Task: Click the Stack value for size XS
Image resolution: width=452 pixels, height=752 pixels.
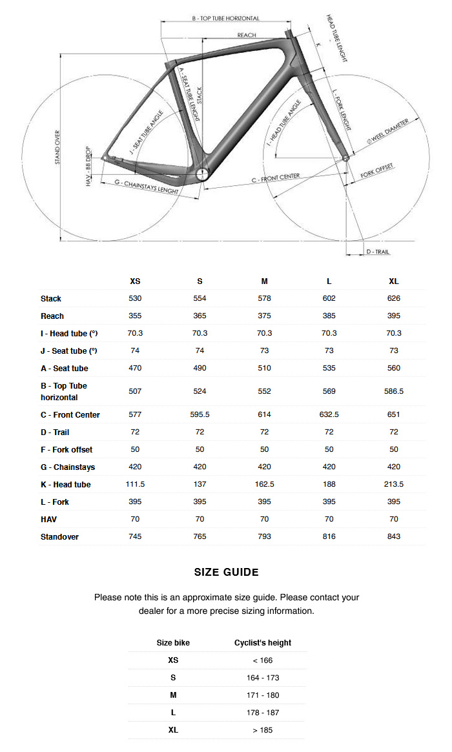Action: click(x=135, y=299)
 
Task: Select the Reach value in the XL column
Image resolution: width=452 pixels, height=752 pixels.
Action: click(x=394, y=316)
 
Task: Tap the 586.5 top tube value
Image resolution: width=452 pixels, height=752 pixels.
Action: click(x=394, y=392)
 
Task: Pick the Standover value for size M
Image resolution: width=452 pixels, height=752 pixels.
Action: click(x=264, y=537)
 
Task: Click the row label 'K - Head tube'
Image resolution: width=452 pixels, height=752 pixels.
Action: click(x=65, y=485)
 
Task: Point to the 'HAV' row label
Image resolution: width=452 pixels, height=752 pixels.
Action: click(x=49, y=520)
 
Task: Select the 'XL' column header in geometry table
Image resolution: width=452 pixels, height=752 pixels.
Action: click(x=394, y=281)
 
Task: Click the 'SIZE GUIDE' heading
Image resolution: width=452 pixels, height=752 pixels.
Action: click(x=226, y=573)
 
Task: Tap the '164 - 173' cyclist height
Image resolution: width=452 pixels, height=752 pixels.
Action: click(x=262, y=678)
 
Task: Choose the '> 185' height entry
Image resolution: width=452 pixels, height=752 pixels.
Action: click(x=262, y=731)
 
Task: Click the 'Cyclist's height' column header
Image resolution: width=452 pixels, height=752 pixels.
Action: click(x=262, y=644)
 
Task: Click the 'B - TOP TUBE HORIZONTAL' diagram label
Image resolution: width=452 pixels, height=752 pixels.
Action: click(x=225, y=19)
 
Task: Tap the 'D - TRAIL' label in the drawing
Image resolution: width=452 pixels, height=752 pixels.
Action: click(x=378, y=252)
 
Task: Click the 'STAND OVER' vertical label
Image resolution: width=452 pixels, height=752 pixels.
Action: click(x=57, y=147)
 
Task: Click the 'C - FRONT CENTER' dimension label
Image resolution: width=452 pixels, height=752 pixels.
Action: click(x=276, y=178)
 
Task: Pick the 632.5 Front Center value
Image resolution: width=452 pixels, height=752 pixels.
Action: click(x=329, y=415)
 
